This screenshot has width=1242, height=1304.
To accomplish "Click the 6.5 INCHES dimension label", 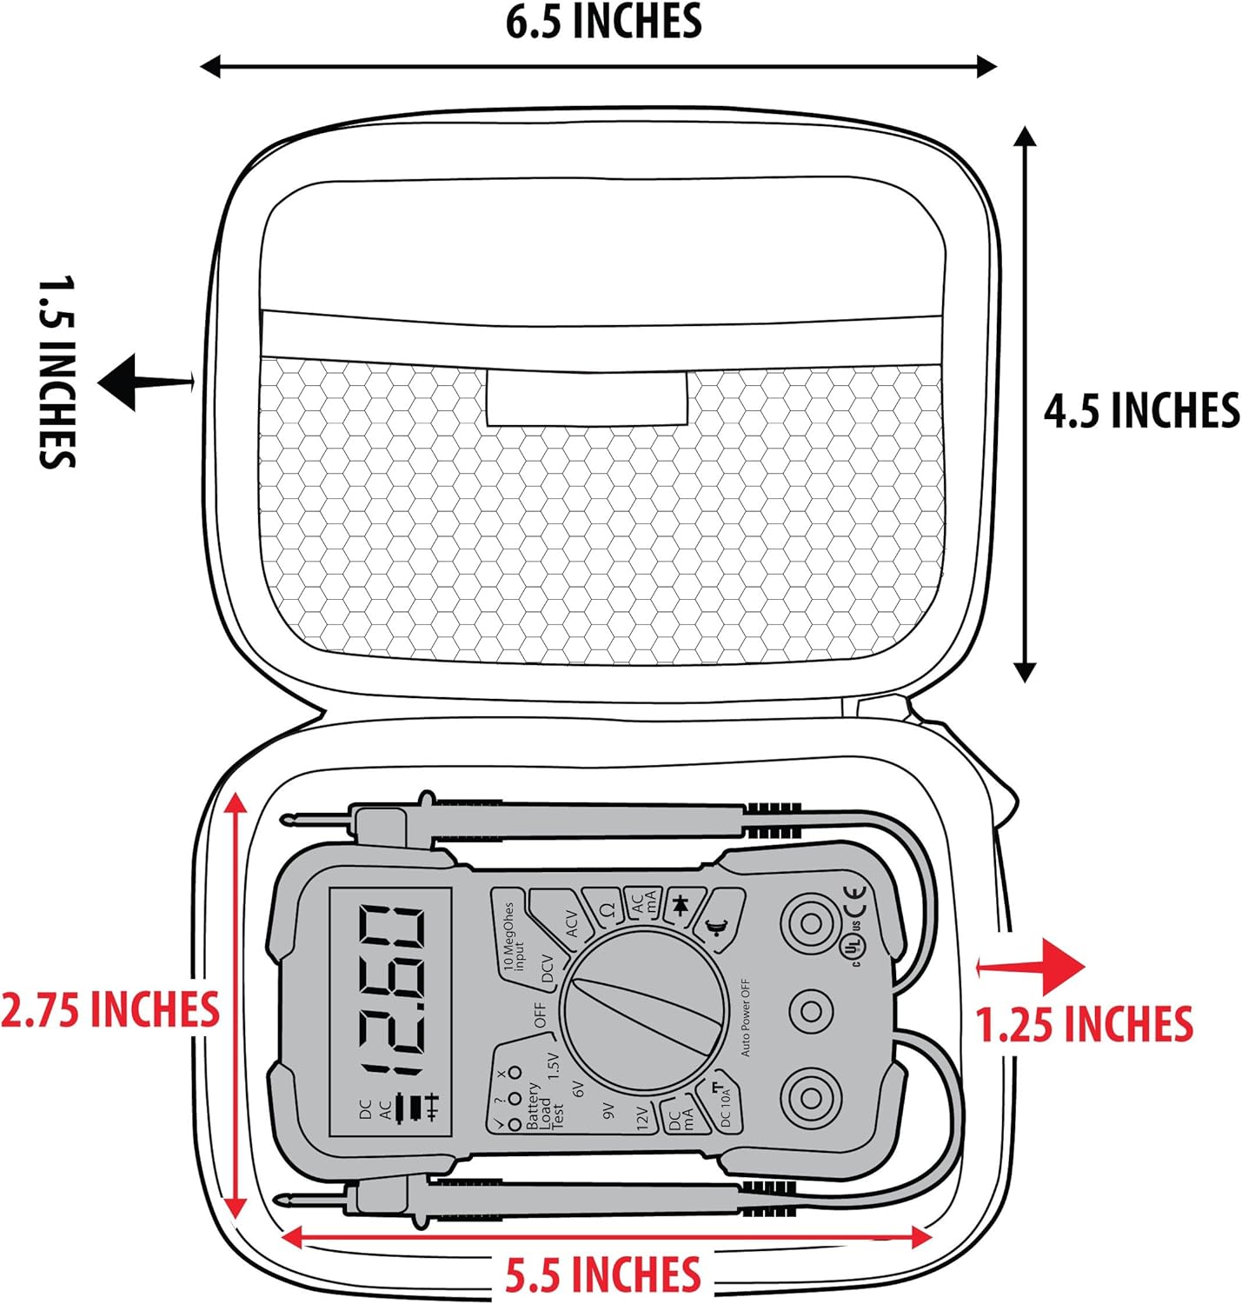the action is (603, 23).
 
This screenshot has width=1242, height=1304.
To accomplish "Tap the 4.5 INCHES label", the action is (1141, 410).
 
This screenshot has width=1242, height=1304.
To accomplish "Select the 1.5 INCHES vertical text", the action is (56, 372).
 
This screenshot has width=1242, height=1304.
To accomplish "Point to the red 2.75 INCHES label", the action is (110, 1009).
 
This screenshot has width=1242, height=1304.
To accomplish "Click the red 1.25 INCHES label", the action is (1084, 1024).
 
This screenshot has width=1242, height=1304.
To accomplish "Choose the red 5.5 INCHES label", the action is (603, 1274).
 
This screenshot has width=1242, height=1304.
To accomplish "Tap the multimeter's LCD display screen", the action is (390, 1012).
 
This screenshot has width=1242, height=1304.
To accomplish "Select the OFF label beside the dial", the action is (540, 1015).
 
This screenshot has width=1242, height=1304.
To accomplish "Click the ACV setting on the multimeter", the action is (571, 924).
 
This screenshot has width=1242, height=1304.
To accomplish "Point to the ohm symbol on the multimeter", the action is (608, 908).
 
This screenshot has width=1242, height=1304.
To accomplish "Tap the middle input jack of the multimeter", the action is (811, 1011).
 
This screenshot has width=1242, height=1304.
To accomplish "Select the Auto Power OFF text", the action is (745, 1017).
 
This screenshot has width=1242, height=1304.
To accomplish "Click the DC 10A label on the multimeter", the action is (725, 1105).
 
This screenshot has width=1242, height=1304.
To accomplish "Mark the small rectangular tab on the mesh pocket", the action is (587, 397).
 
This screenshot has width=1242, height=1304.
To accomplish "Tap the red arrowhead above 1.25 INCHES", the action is (1061, 967).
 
